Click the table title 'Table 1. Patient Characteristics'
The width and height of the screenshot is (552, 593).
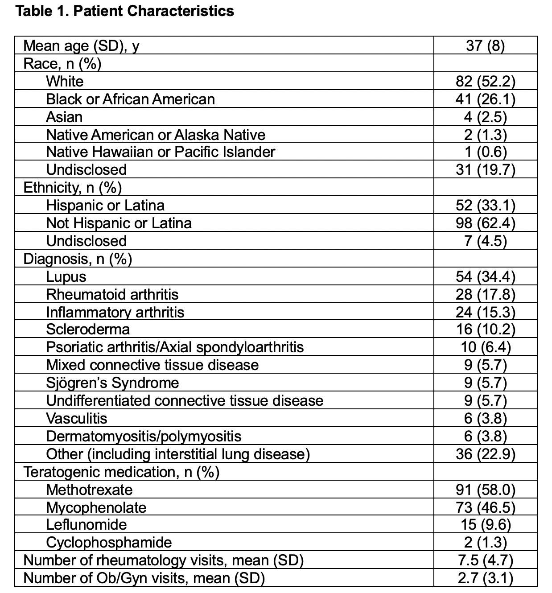click(x=125, y=11)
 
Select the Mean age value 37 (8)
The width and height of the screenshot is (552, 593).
click(x=485, y=45)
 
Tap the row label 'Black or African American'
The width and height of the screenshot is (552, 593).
click(x=130, y=99)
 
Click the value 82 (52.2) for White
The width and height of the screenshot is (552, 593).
click(x=485, y=81)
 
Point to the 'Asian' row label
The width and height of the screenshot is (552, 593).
click(x=64, y=117)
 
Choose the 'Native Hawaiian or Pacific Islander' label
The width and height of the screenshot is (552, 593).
click(x=161, y=152)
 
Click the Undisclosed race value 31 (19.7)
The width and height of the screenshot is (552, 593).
click(x=485, y=170)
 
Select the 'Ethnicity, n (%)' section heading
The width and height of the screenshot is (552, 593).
click(x=72, y=188)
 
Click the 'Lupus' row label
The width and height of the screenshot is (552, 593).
click(x=66, y=276)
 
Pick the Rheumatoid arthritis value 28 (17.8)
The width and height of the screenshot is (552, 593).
click(x=485, y=294)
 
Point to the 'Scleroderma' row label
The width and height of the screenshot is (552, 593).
click(x=88, y=329)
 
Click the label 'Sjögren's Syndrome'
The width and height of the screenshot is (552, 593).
click(x=112, y=383)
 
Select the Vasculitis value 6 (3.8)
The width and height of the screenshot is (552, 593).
click(x=485, y=418)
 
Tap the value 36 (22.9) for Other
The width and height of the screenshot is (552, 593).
click(x=485, y=454)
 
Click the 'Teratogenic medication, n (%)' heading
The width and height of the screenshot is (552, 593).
click(x=121, y=472)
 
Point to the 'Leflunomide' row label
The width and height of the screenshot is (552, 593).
click(x=87, y=525)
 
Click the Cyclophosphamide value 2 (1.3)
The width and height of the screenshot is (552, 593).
click(x=485, y=543)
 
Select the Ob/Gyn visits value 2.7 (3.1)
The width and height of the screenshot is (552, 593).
click(x=485, y=578)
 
